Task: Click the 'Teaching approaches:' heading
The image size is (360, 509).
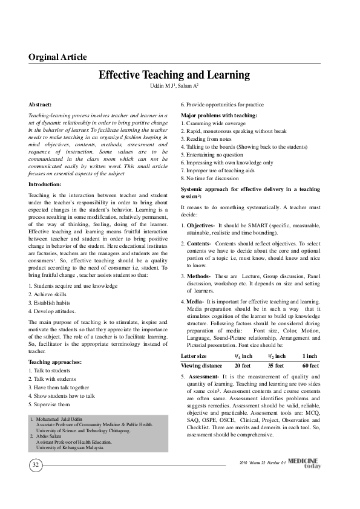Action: tap(55, 362)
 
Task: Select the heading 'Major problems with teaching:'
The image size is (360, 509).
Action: tap(219, 115)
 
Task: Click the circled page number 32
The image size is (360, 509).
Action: tap(35, 464)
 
